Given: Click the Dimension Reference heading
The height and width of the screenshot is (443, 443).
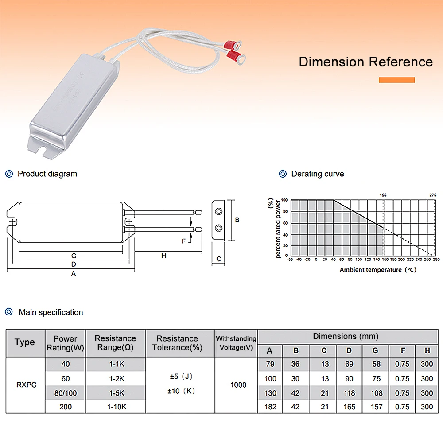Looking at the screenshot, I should click(365, 62).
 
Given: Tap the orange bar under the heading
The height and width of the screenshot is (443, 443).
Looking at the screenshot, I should click(396, 80).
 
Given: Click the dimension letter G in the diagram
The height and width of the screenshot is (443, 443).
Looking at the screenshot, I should click(74, 256).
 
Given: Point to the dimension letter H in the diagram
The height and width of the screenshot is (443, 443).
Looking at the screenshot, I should click(163, 256).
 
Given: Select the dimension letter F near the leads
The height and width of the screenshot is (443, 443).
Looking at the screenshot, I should click(184, 241).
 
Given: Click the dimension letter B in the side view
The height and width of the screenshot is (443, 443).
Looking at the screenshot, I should click(237, 220).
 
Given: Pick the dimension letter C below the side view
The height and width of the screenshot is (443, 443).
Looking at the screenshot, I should click(218, 259).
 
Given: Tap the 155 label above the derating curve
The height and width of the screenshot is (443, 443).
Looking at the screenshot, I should click(383, 195).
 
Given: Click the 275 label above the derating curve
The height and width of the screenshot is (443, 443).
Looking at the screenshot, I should click(433, 195).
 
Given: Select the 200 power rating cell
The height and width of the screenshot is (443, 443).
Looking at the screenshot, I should click(65, 407).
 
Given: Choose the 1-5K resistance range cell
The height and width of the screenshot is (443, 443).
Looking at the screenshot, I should click(115, 393).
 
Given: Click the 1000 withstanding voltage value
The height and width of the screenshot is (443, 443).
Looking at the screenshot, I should click(238, 385).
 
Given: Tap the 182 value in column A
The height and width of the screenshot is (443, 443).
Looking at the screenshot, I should click(270, 407).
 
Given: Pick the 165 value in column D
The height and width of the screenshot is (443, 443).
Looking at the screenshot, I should click(349, 407).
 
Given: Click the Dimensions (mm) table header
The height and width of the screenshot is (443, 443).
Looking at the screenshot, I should click(346, 336).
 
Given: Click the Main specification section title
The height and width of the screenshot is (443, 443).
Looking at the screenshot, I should click(51, 312).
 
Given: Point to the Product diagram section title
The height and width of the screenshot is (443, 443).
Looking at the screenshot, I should click(47, 174).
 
